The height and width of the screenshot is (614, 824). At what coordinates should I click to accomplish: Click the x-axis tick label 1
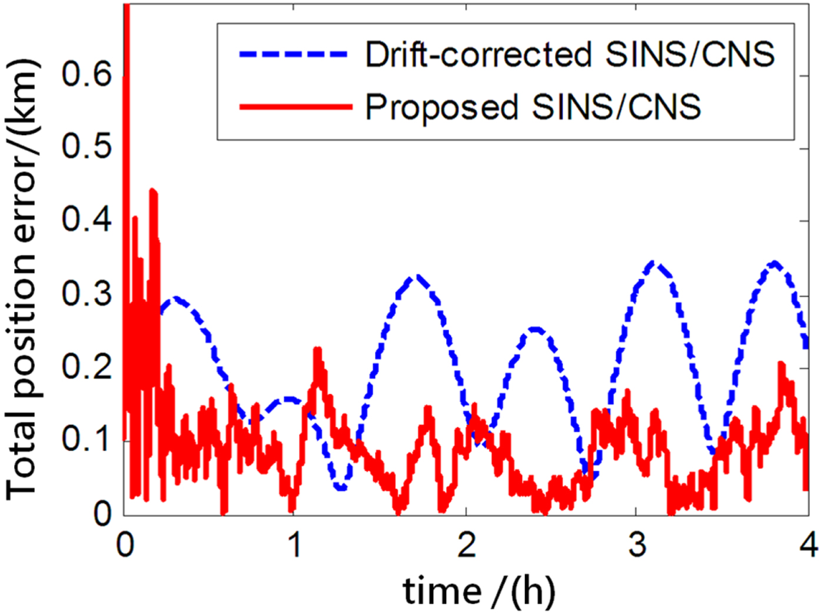point(294,544)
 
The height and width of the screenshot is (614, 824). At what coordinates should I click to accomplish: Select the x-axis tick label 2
point(466,544)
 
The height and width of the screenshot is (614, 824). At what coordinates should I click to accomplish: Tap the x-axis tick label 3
point(637,544)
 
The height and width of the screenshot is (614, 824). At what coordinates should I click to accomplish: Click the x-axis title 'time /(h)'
point(479,590)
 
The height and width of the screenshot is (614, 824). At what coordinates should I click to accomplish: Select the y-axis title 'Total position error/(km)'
point(22,280)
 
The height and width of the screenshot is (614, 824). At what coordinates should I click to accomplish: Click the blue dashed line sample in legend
point(294,54)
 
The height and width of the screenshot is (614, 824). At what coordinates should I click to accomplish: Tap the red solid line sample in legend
point(294,107)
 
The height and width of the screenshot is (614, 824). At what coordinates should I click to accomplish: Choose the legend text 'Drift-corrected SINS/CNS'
point(570,54)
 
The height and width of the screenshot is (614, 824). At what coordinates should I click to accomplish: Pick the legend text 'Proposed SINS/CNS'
point(533,107)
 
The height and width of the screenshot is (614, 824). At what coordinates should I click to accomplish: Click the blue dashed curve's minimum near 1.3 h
point(341,488)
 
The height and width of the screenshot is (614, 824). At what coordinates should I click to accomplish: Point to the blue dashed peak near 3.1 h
point(654,263)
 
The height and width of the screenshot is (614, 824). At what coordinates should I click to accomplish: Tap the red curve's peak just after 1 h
point(318,350)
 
